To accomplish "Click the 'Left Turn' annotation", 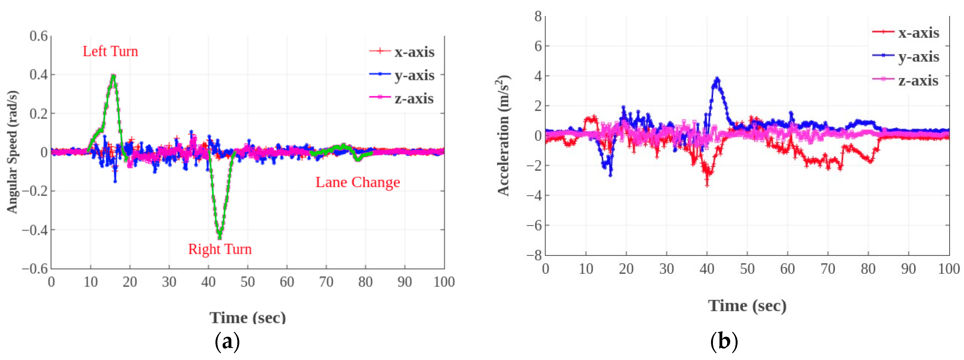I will (x=110, y=51).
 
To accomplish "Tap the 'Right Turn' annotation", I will (x=220, y=249).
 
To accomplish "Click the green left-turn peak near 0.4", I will (x=113, y=76).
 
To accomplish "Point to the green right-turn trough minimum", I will (x=220, y=237).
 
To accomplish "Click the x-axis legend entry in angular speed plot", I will (x=402, y=52).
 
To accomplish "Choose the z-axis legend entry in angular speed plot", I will (x=402, y=99).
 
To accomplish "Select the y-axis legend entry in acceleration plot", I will (x=906, y=56).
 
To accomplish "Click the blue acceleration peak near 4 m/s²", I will (x=717, y=79).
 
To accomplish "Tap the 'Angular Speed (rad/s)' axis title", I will (x=12, y=152).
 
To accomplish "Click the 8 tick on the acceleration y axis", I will (x=538, y=16).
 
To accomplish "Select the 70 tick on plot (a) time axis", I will (x=326, y=282).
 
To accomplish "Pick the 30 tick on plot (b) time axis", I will (x=666, y=269).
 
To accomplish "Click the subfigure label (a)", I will (x=227, y=341).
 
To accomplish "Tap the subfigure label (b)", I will (x=724, y=341).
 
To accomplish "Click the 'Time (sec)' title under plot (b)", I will (x=747, y=306).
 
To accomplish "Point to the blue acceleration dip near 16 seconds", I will (x=610, y=174).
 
